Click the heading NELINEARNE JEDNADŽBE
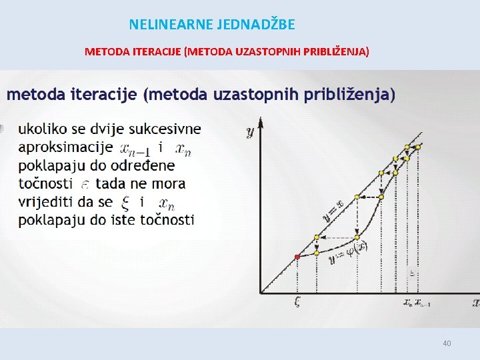click(x=211, y=25)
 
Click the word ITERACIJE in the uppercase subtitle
click(x=157, y=51)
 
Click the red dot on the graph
click(x=297, y=257)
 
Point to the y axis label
click(x=251, y=133)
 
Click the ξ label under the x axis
click(x=297, y=302)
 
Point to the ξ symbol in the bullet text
click(x=126, y=202)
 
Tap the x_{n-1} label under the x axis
click(x=422, y=303)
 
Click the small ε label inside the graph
click(x=412, y=273)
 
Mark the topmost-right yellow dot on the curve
click(x=407, y=147)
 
